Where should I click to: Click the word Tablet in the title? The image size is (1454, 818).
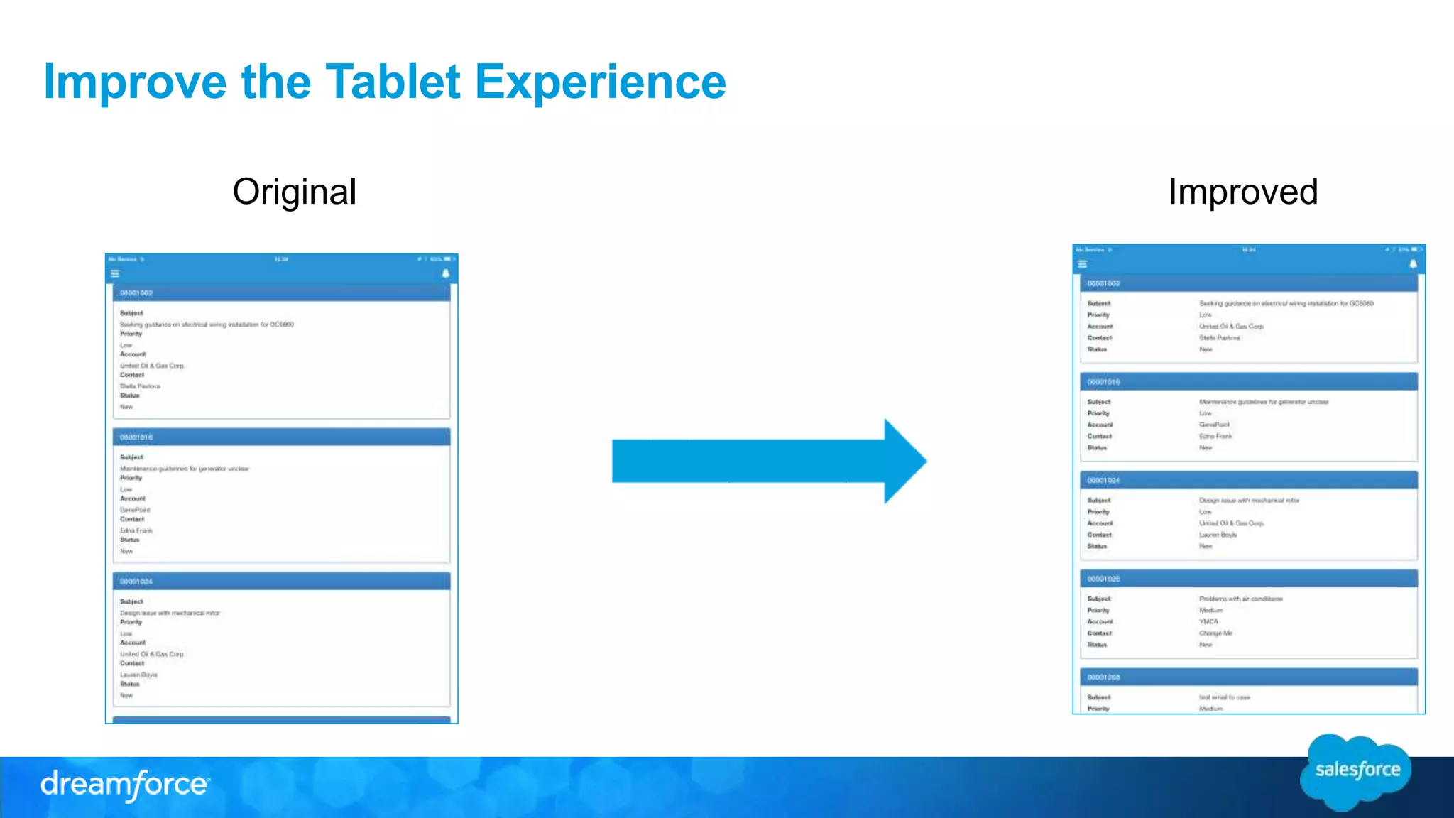(393, 82)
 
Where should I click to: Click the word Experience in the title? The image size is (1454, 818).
(600, 82)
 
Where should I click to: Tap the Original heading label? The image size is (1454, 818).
(295, 192)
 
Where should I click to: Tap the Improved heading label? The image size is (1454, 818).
(1242, 192)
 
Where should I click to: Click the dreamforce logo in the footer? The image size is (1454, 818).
(125, 785)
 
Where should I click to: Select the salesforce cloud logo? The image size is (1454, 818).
(1356, 771)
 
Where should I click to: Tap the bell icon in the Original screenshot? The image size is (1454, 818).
(446, 274)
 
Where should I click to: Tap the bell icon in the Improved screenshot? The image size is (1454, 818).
(1413, 264)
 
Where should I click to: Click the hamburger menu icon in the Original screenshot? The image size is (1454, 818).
(115, 274)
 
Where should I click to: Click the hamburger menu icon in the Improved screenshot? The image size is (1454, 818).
(1082, 264)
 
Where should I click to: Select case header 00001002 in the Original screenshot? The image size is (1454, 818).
(136, 293)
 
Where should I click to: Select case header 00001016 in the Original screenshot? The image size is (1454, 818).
(136, 437)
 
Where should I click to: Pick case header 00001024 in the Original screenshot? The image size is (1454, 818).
(136, 582)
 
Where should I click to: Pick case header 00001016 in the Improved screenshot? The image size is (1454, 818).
(1103, 382)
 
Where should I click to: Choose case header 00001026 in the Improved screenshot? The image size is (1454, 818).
(1103, 579)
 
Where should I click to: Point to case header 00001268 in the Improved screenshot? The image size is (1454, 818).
(1103, 677)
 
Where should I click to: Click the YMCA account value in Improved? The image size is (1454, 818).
(1208, 621)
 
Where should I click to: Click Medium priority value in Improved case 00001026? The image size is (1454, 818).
(1210, 610)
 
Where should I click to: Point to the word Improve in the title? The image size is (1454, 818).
(135, 82)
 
